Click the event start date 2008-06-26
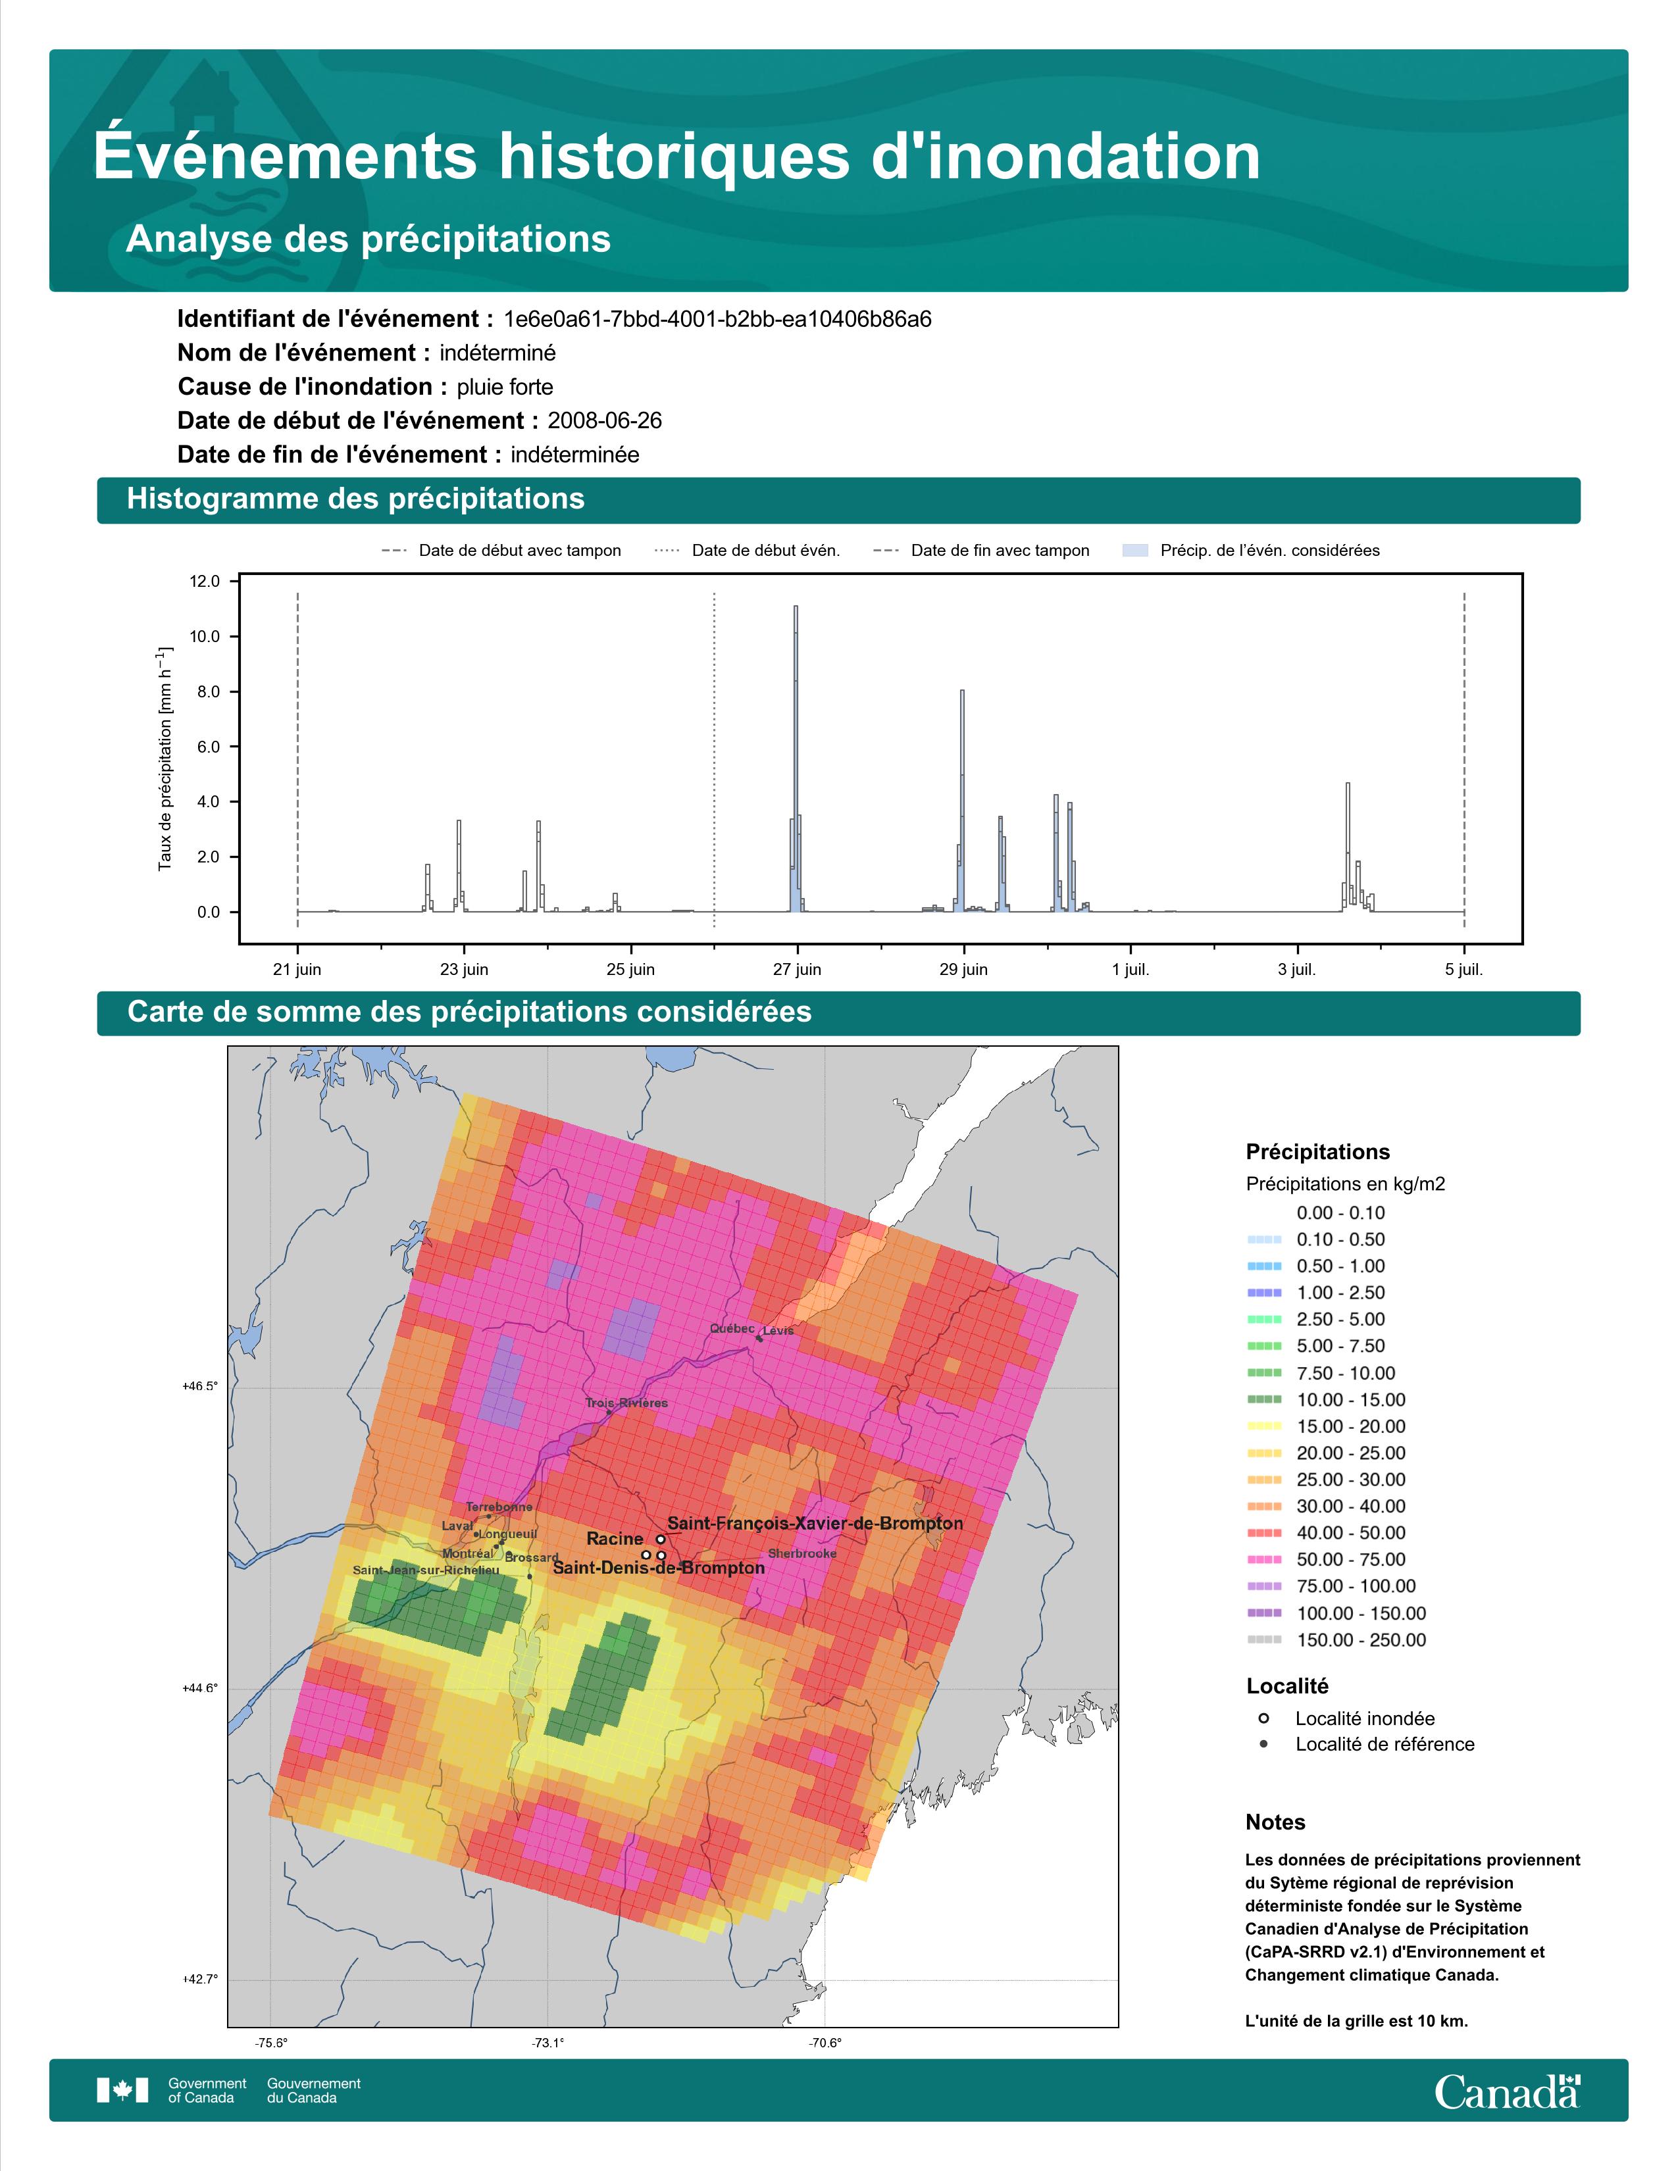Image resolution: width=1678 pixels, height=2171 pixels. tap(604, 420)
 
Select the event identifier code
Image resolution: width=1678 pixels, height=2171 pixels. tap(718, 319)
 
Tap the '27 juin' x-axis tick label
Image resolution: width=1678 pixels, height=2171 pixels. tap(798, 969)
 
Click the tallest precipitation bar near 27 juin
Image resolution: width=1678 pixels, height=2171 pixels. tap(796, 759)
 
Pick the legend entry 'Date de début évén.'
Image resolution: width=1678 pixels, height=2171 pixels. tap(748, 551)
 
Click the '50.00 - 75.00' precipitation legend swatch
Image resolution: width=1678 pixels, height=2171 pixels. tap(1263, 1560)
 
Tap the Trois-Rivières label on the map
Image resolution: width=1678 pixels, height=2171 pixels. tap(626, 1403)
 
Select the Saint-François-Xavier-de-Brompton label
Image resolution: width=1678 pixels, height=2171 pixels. tap(815, 1523)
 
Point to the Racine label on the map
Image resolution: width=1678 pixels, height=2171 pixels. tap(615, 1539)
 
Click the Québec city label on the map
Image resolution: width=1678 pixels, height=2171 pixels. tap(732, 1329)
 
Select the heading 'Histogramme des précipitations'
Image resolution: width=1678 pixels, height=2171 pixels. tap(356, 499)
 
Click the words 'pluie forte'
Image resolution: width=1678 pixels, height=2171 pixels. tap(505, 387)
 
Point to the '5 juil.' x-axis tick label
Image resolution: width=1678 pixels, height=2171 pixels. tap(1464, 969)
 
